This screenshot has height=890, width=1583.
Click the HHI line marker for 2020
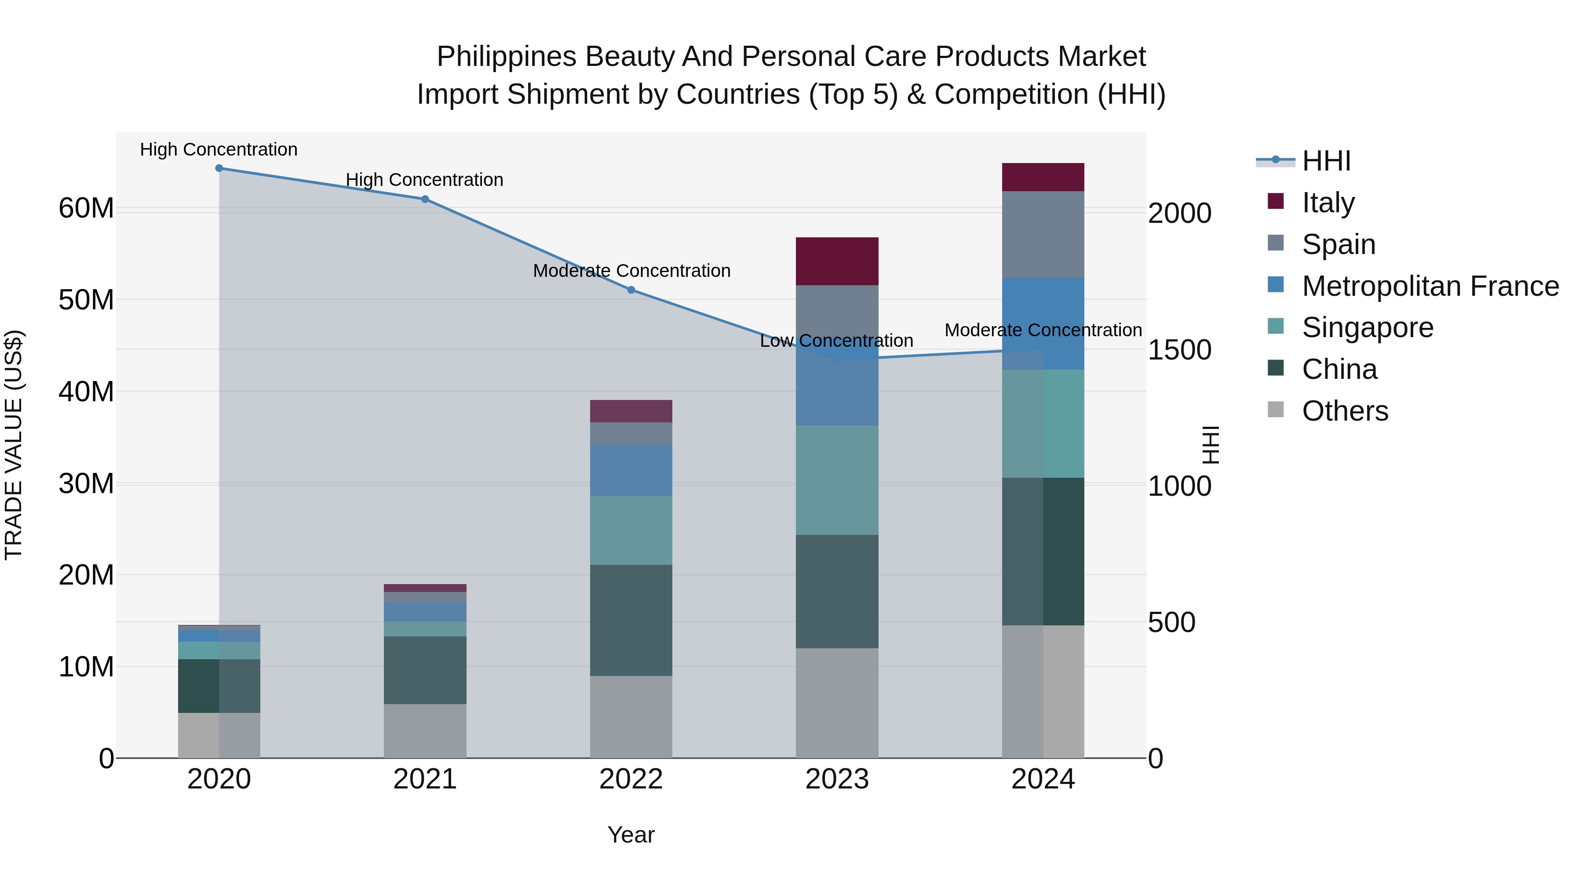coord(219,168)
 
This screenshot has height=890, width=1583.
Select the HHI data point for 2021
coord(425,199)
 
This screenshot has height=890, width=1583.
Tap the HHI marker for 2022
coord(631,290)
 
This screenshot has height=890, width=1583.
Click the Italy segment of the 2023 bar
coord(837,261)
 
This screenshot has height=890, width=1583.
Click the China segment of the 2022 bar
coord(631,620)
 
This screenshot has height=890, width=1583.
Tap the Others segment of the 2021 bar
coord(425,731)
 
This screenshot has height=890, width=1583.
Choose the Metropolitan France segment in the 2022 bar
coord(631,470)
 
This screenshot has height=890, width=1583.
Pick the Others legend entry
coord(1328,410)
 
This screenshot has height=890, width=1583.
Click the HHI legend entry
coord(1303,160)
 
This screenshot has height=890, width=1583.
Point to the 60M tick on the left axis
coord(87,208)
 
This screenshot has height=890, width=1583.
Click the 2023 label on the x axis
coord(837,779)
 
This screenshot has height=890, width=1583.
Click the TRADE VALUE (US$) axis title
coord(14,445)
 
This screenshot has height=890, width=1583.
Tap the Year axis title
coord(631,835)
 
